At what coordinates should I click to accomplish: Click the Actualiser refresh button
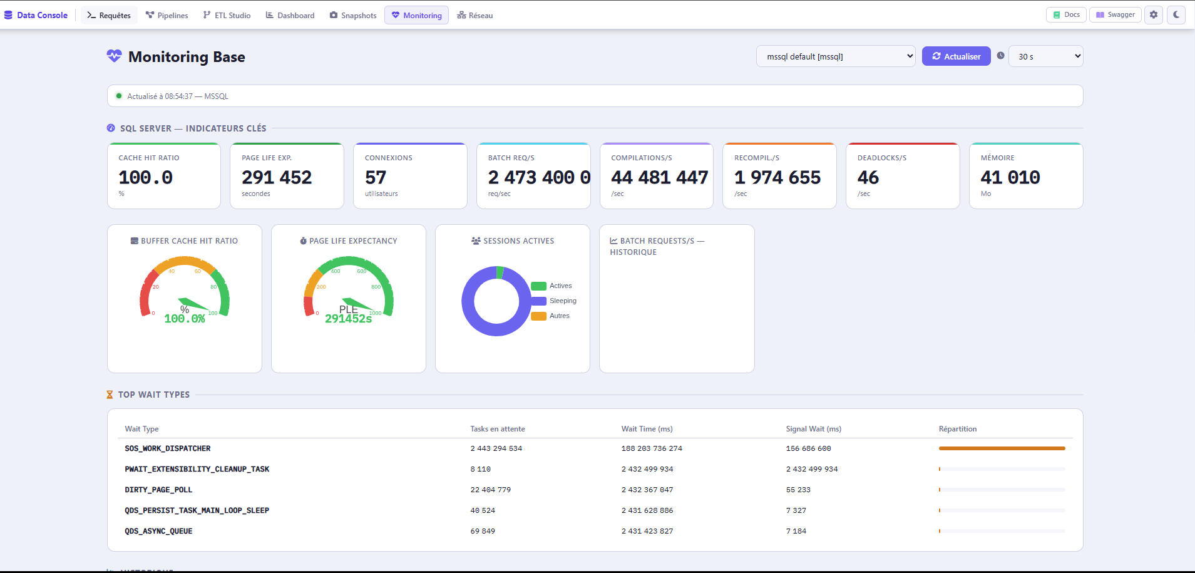(956, 56)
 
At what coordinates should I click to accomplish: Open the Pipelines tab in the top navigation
(167, 15)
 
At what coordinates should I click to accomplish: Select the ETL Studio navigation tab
(227, 15)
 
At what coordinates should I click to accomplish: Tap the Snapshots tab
(353, 15)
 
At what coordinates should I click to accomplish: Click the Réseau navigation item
(475, 15)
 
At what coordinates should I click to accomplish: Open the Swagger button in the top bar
(1116, 14)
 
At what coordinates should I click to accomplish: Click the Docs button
(1067, 14)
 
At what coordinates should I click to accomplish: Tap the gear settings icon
(1154, 14)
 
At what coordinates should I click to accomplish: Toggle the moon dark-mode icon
(1176, 14)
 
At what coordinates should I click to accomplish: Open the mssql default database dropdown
(836, 56)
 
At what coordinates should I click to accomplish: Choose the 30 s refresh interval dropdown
(1046, 56)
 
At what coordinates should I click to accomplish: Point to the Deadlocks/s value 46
(868, 178)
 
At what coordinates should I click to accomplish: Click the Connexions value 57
(376, 178)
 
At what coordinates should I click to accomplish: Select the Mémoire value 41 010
(1010, 178)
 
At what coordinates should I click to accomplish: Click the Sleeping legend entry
(554, 301)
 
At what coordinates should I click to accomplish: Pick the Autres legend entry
(550, 316)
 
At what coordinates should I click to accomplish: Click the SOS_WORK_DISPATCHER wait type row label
(168, 448)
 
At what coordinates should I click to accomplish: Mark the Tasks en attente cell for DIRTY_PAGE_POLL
(491, 490)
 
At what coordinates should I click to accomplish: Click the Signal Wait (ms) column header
(814, 429)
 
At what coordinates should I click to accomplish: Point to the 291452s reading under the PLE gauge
(349, 319)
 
